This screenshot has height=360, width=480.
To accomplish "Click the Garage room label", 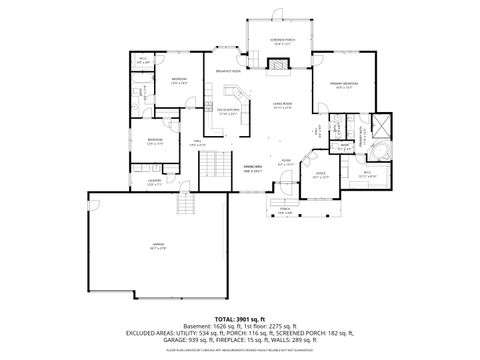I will click(x=158, y=244).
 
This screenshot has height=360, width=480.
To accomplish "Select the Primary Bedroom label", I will click(x=346, y=84).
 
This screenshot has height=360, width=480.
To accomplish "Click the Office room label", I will click(x=321, y=174).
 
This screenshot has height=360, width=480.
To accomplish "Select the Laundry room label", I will click(x=154, y=181).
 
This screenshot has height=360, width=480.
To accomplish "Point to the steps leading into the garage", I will click(x=183, y=207).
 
